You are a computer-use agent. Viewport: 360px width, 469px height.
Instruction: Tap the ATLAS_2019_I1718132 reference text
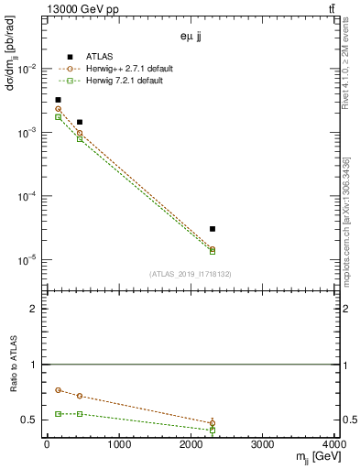[x=191, y=273]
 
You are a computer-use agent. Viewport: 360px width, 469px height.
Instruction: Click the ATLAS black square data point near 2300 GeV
[x=213, y=229]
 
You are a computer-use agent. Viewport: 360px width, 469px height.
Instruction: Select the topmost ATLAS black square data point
[x=58, y=100]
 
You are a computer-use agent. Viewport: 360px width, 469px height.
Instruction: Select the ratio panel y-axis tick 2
[x=37, y=309]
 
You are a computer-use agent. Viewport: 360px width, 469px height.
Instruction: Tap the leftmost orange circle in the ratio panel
[x=58, y=390]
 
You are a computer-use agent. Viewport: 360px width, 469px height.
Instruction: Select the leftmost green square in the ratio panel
[x=58, y=414]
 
